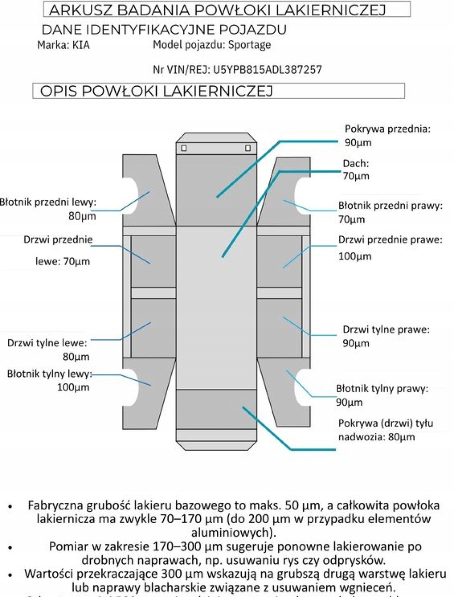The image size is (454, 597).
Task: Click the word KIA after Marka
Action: [81, 45]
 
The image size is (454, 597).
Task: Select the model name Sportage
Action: [249, 45]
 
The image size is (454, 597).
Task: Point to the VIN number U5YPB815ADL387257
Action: [267, 70]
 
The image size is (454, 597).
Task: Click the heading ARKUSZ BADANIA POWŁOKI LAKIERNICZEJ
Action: [217, 10]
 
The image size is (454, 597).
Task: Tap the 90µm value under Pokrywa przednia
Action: [358, 143]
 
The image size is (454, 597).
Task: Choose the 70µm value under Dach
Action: [356, 176]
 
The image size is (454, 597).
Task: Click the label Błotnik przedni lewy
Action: [48, 202]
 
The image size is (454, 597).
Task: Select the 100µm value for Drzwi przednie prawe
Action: [355, 256]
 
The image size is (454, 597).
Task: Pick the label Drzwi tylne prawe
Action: [386, 330]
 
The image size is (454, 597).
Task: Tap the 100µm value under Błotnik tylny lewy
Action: [73, 387]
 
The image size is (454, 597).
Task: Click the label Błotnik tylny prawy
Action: [381, 389]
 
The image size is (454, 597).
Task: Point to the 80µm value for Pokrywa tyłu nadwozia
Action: [401, 437]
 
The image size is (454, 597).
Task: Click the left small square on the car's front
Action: [184, 148]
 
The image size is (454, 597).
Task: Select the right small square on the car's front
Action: [248, 148]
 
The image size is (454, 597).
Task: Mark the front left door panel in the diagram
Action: [153, 261]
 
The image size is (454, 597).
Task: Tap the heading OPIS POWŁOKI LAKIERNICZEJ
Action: [156, 91]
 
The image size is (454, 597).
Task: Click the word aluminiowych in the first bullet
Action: [233, 532]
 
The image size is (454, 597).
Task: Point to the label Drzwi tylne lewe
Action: [47, 343]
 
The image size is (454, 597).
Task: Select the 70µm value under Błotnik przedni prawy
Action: [352, 219]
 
